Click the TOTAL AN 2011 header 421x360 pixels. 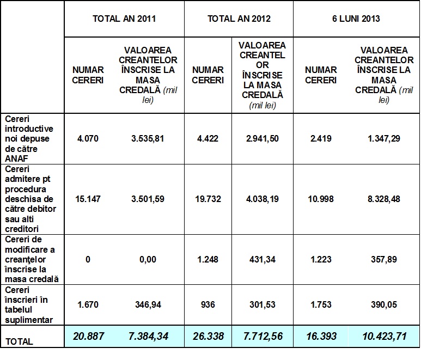[x=124, y=19]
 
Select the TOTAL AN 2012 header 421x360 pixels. [x=239, y=19]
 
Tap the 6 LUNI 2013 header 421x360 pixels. [x=356, y=19]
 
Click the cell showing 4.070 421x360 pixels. [x=88, y=139]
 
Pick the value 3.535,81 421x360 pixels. [x=148, y=139]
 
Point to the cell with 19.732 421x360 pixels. [x=208, y=199]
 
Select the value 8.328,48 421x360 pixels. [x=384, y=199]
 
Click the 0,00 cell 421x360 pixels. [x=148, y=260]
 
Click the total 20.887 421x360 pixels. [x=88, y=337]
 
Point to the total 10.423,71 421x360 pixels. [x=384, y=337]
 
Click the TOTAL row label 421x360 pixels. [x=19, y=341]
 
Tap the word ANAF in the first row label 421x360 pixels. [x=15, y=158]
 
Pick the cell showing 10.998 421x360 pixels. [x=321, y=199]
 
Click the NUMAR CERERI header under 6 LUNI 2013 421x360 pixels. [x=321, y=75]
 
